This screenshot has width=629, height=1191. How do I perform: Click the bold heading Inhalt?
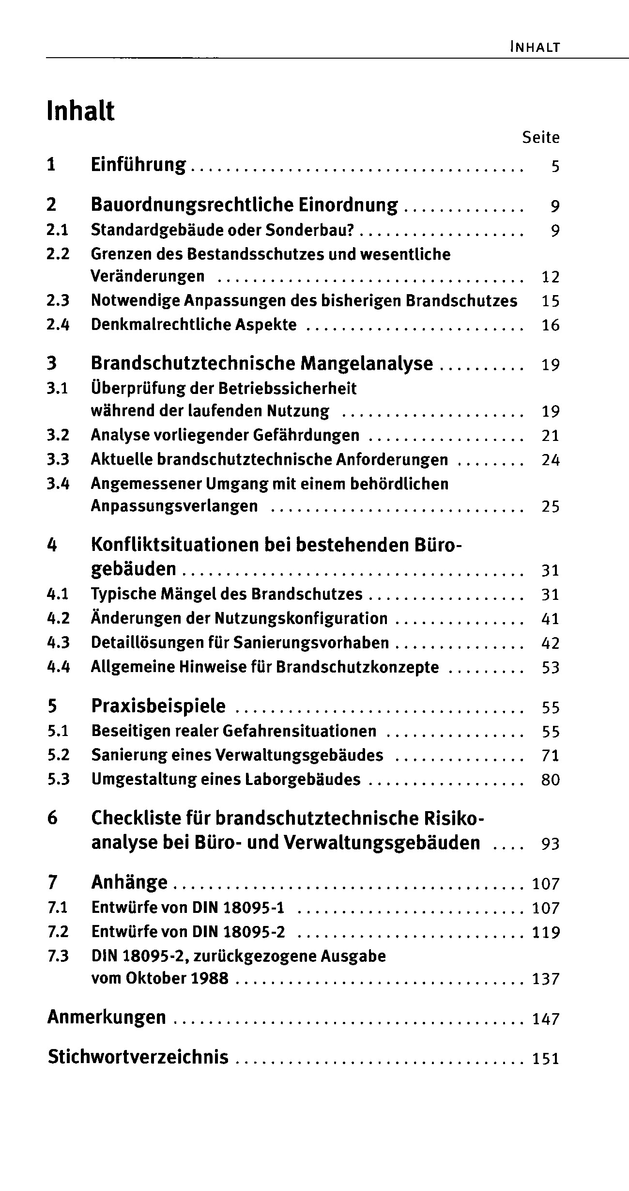[x=81, y=111]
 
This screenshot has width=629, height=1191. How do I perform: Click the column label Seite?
[x=540, y=138]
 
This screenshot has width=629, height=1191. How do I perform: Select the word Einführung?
[x=138, y=165]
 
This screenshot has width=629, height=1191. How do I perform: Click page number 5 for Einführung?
[x=555, y=167]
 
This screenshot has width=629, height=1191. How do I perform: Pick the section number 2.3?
[x=58, y=301]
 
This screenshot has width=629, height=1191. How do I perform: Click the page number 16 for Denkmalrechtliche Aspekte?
[x=551, y=325]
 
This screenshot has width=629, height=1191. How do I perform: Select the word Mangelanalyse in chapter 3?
[x=367, y=363]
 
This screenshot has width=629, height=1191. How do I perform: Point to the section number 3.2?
[x=58, y=435]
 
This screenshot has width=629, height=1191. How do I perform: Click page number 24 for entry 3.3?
[x=551, y=460]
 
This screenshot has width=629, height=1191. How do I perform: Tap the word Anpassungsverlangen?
[x=174, y=506]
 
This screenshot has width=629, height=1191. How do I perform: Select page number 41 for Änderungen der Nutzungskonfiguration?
[x=551, y=619]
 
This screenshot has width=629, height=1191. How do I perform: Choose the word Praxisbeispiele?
[x=158, y=706]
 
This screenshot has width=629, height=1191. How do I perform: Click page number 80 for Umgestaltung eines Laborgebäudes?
[x=551, y=780]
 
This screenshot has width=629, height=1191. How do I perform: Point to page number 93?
[x=551, y=845]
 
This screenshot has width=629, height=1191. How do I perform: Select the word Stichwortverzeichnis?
[x=138, y=1057]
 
